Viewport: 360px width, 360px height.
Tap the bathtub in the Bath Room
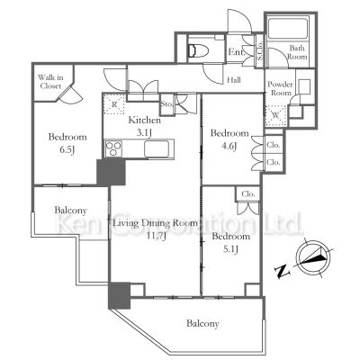(288, 29)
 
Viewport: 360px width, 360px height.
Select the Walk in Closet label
(50, 82)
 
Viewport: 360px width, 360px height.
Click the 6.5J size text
(67, 150)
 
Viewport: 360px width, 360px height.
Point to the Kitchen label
(145, 121)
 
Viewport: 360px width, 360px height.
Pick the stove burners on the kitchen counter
(113, 148)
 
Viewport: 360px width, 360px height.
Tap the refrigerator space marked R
(113, 104)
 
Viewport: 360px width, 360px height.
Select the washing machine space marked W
(276, 115)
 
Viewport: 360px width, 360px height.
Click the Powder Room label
(280, 88)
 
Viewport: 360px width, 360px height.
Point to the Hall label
(234, 80)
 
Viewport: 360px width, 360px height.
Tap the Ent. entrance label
(237, 52)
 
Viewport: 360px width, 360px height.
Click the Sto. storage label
(166, 104)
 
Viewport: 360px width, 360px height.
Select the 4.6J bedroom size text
(229, 146)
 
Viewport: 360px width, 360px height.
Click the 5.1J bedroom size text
(230, 249)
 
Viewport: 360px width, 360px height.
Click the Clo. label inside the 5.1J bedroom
(248, 194)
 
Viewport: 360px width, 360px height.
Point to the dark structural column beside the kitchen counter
(111, 172)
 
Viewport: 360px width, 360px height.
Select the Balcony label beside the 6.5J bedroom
(70, 211)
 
